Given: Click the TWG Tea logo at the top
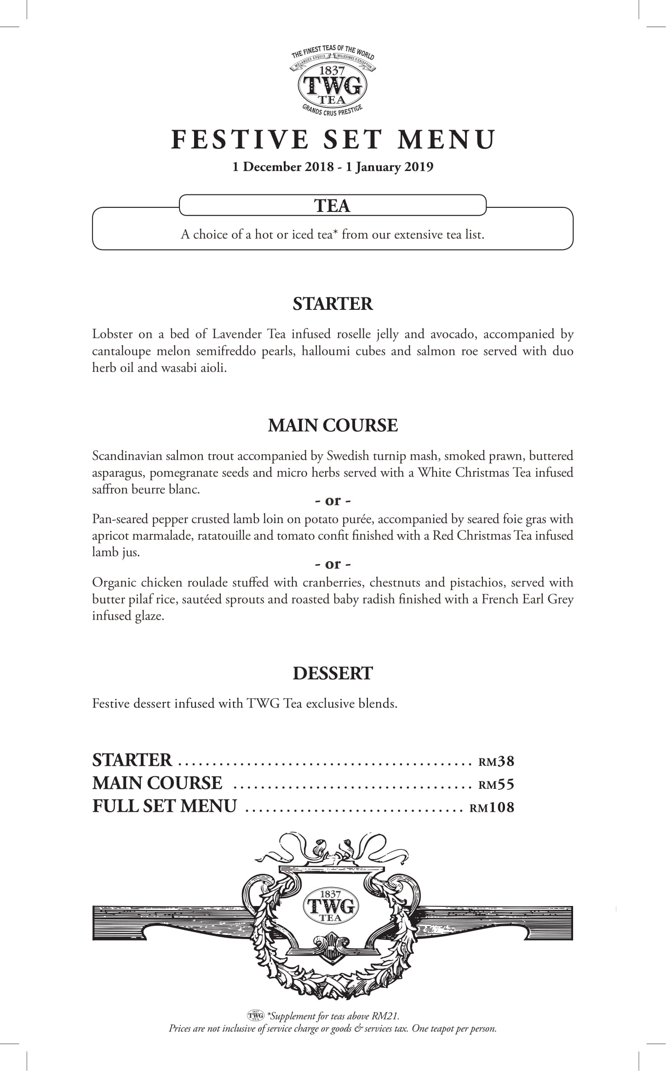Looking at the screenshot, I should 333,82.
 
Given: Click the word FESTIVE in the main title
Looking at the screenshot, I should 239,140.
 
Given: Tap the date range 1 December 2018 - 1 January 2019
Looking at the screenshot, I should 333,166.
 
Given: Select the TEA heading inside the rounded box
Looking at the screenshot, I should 333,205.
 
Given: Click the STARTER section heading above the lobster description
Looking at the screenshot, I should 333,304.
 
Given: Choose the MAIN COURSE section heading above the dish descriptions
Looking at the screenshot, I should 333,425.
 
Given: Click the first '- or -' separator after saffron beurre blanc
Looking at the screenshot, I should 333,501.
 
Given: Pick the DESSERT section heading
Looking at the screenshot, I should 333,673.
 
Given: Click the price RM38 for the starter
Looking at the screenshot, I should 496,761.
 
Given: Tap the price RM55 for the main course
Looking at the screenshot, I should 496,784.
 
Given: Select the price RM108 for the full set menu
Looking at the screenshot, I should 492,807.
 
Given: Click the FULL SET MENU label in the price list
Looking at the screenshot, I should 165,806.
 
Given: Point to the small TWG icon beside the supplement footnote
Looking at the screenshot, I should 256,1015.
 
